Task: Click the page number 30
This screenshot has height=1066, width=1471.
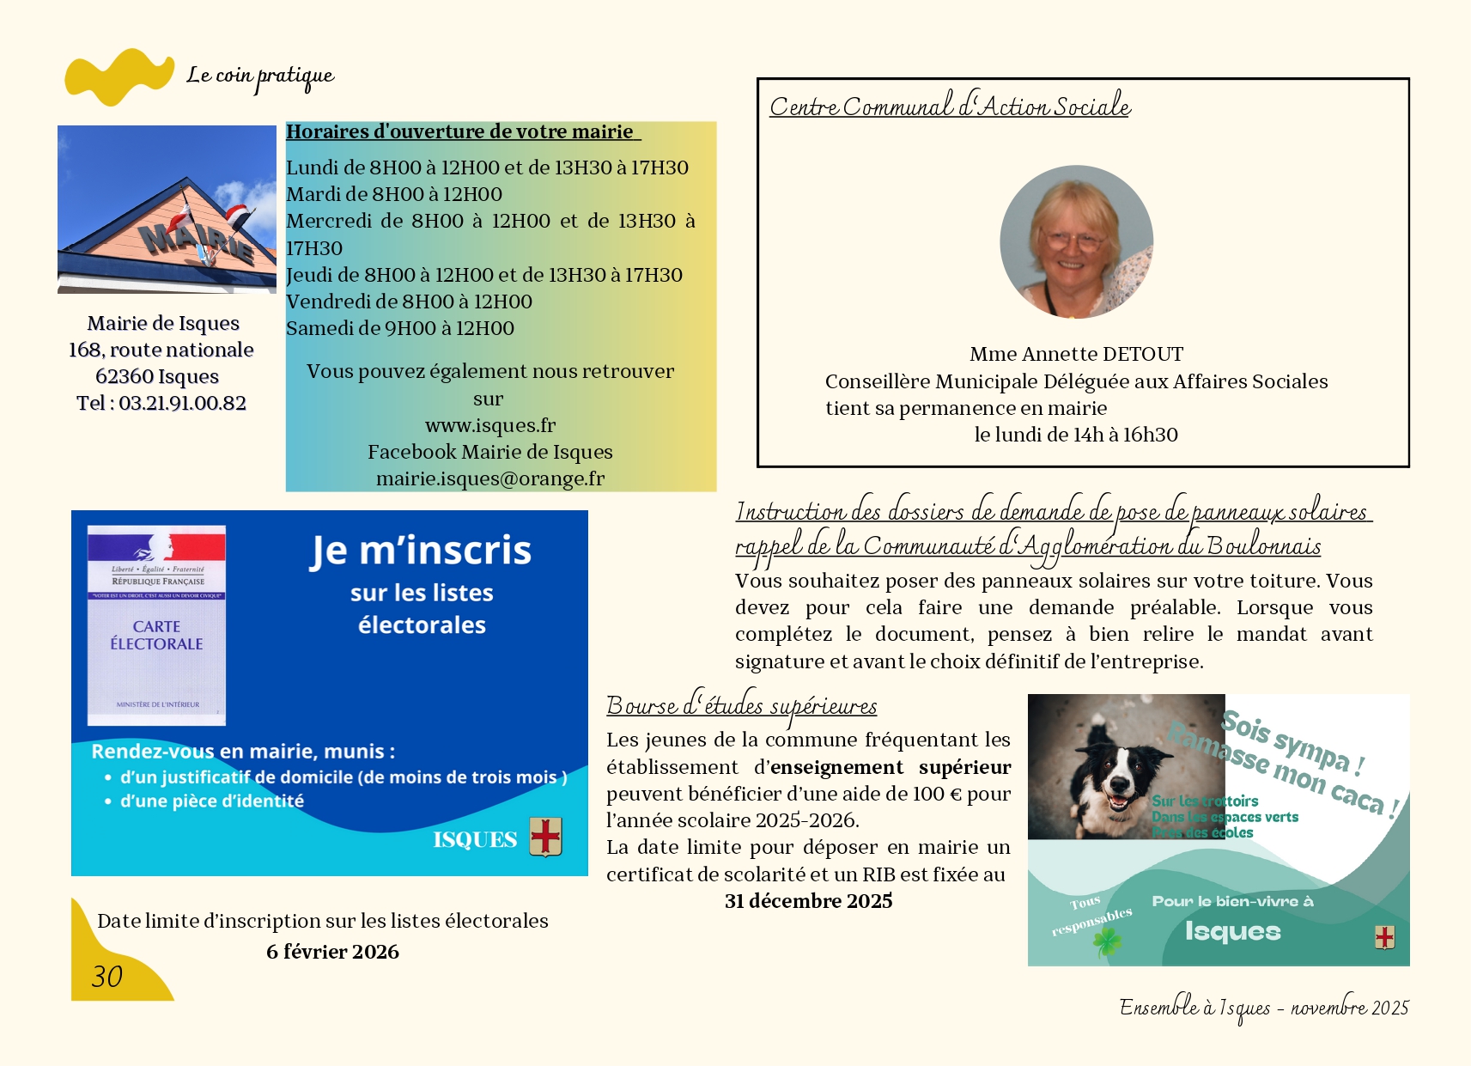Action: pyautogui.click(x=107, y=977)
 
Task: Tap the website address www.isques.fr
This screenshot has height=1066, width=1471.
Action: pyautogui.click(x=490, y=425)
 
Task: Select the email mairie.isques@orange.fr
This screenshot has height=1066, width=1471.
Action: pyautogui.click(x=490, y=478)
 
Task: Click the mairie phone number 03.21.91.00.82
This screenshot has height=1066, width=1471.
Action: pyautogui.click(x=182, y=403)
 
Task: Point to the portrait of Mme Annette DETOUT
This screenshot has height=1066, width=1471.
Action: pyautogui.click(x=1076, y=242)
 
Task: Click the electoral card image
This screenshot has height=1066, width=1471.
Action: pyautogui.click(x=156, y=625)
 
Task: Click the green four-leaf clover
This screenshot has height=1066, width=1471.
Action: pyautogui.click(x=1107, y=942)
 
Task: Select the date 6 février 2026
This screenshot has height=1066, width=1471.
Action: pyautogui.click(x=332, y=952)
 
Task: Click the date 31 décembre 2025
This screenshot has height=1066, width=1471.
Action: pyautogui.click(x=808, y=901)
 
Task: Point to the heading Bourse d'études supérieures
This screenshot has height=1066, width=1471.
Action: pyautogui.click(x=741, y=706)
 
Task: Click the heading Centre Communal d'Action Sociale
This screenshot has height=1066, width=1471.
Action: pyautogui.click(x=950, y=107)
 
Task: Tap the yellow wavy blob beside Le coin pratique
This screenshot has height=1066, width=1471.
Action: pyautogui.click(x=119, y=76)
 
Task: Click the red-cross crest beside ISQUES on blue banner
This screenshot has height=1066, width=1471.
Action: pyautogui.click(x=545, y=837)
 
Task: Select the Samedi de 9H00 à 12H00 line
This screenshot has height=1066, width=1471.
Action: pyautogui.click(x=400, y=328)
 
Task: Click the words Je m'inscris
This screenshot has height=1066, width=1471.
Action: pyautogui.click(x=421, y=551)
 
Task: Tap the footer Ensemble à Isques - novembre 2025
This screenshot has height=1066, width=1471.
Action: pyautogui.click(x=1263, y=1008)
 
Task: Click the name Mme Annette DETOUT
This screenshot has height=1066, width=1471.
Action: pyautogui.click(x=1076, y=354)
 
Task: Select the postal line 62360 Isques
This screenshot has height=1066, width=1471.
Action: pyautogui.click(x=157, y=376)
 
